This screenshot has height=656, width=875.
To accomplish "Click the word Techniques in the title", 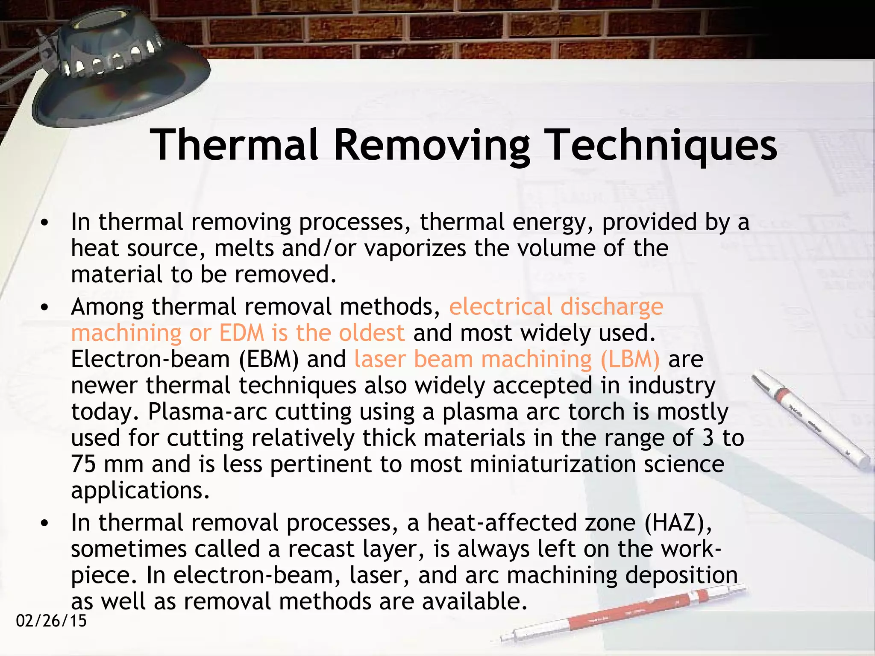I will tap(662, 145).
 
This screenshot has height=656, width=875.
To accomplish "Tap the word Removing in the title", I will tap(432, 145).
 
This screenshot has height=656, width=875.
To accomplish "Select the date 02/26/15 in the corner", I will tap(51, 621).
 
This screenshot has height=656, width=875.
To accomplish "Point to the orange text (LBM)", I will tap(630, 359).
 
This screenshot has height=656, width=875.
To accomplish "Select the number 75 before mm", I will tap(83, 464).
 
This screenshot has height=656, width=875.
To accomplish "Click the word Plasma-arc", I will tap(207, 412).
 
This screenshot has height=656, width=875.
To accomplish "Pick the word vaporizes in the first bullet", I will tap(415, 248).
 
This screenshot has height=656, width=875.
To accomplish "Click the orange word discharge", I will tap(611, 307).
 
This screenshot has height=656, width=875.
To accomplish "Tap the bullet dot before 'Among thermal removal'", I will tap(44, 307).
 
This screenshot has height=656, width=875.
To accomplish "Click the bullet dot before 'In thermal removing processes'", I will tap(44, 223).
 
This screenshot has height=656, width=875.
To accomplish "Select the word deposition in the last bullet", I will tap(681, 575).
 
